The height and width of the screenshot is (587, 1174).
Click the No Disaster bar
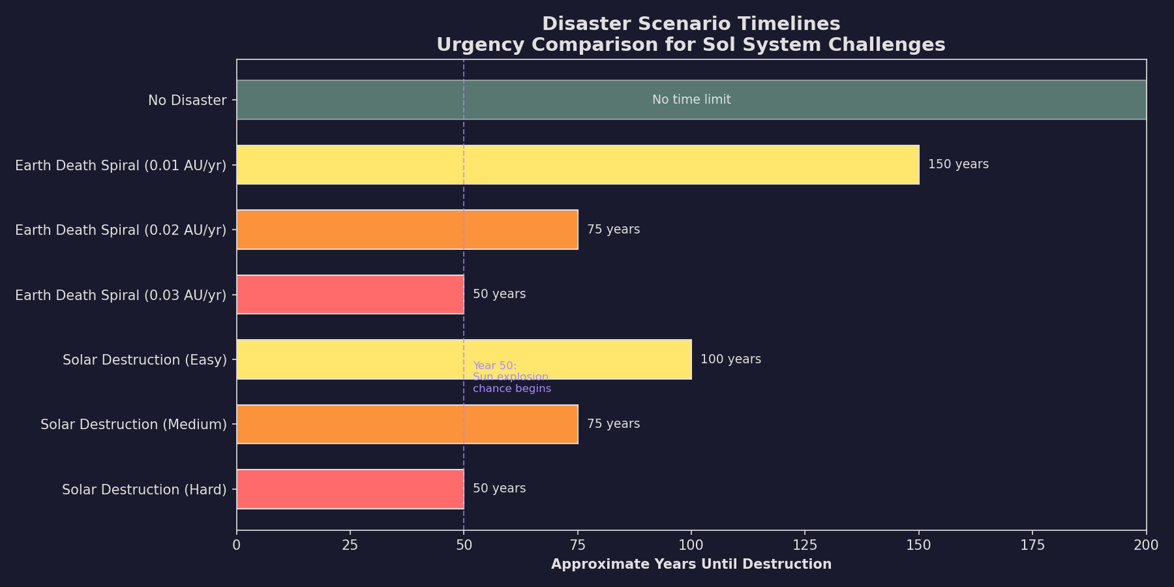457,100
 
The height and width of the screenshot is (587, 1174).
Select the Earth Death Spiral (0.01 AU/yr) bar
577,164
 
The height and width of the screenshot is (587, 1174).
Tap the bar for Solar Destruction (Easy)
391,359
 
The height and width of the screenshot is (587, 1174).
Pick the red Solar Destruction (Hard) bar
350,489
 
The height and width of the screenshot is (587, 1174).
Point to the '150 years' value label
958,164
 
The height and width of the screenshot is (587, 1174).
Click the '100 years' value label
730,359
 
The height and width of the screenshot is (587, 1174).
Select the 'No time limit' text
691,100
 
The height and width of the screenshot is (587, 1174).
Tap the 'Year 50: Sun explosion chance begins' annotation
511,377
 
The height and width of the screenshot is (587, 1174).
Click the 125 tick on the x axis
805,545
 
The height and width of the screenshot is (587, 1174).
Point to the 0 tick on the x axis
237,545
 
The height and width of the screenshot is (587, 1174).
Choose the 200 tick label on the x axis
1146,545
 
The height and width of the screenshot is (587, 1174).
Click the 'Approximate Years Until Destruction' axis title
691,564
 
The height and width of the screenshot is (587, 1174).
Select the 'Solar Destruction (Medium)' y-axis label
134,425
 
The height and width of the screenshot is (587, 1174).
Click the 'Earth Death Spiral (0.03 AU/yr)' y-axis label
121,295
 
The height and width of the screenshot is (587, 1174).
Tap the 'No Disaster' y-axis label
187,100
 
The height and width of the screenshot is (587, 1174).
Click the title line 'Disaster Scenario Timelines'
691,24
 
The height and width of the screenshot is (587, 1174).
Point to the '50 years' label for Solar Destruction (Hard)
499,489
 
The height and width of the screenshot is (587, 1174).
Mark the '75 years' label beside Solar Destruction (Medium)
613,424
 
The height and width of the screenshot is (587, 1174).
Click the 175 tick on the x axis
1032,545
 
